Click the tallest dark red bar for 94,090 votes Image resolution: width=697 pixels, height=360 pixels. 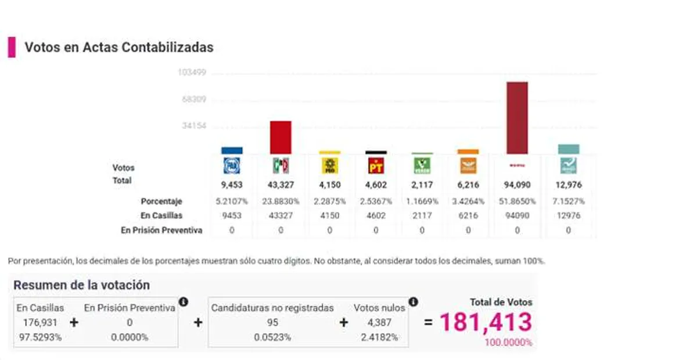coord(517,117)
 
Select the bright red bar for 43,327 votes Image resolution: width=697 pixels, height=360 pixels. coord(281,137)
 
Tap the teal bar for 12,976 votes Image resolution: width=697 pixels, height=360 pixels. coord(568,149)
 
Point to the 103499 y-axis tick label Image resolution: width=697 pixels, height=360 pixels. coord(192,73)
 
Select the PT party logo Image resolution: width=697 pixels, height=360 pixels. coord(376,167)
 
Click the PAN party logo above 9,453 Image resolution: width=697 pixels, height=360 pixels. coord(232,167)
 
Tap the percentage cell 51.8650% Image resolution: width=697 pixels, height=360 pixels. coord(517,201)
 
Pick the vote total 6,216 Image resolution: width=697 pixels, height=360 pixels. coord(468,185)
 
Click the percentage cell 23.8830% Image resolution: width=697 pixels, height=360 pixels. coord(281,201)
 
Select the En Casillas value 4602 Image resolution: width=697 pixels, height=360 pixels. coord(376,215)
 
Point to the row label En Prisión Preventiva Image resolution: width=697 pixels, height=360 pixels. coord(161,230)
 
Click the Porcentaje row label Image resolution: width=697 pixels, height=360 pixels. coord(161,201)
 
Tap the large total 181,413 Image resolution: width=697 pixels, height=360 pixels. coord(486,322)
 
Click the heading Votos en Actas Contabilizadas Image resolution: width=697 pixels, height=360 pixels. coord(118,48)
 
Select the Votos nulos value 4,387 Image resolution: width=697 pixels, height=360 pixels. coord(380,322)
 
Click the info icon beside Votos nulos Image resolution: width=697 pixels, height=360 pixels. coord(413,302)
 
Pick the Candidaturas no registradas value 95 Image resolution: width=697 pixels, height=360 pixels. coord(272,322)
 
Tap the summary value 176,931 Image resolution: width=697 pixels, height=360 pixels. coord(40,322)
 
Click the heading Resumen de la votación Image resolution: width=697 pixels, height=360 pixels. coord(81,285)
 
